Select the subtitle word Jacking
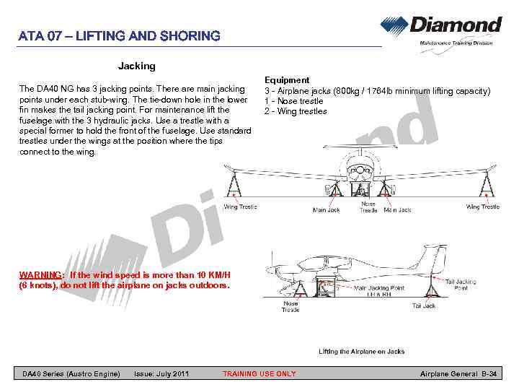[137, 66]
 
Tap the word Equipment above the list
[287, 80]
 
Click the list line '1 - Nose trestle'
[293, 101]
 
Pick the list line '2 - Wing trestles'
[296, 111]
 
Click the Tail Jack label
[424, 306]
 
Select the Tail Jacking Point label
[461, 285]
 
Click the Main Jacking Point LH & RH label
[379, 291]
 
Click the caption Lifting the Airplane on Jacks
[362, 352]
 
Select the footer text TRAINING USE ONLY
[259, 373]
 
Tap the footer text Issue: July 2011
[161, 373]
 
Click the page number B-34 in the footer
[488, 373]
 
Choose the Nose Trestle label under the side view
[290, 306]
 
